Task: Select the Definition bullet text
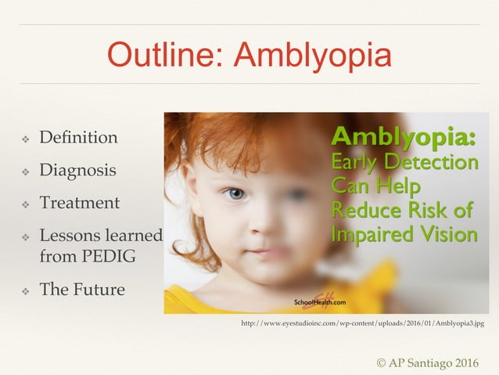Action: coord(78,138)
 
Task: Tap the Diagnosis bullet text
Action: coord(77,170)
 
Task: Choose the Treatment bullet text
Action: coord(79,203)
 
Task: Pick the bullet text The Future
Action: coord(81,290)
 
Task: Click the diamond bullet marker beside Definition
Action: coord(25,139)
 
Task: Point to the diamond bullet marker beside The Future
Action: coord(25,290)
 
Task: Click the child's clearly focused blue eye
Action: coord(234,193)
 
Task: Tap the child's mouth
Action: coord(267,253)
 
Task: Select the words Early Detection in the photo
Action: coord(404,163)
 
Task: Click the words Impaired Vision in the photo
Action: coord(404,234)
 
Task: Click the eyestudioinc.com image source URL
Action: coord(362,323)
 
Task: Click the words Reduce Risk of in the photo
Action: coord(402,210)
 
